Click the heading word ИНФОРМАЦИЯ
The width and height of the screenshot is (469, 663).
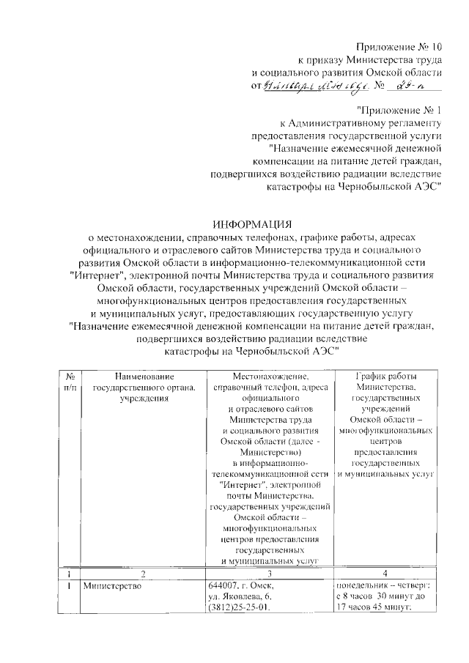(251, 223)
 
